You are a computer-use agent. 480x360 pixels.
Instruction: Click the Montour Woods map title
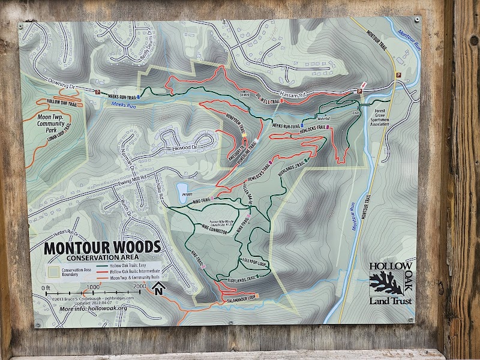(x=103, y=247)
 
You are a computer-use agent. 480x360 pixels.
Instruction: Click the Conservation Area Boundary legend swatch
(x=52, y=271)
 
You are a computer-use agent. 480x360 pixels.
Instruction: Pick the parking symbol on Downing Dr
(x=98, y=92)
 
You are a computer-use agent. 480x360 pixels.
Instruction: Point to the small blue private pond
(x=182, y=191)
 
